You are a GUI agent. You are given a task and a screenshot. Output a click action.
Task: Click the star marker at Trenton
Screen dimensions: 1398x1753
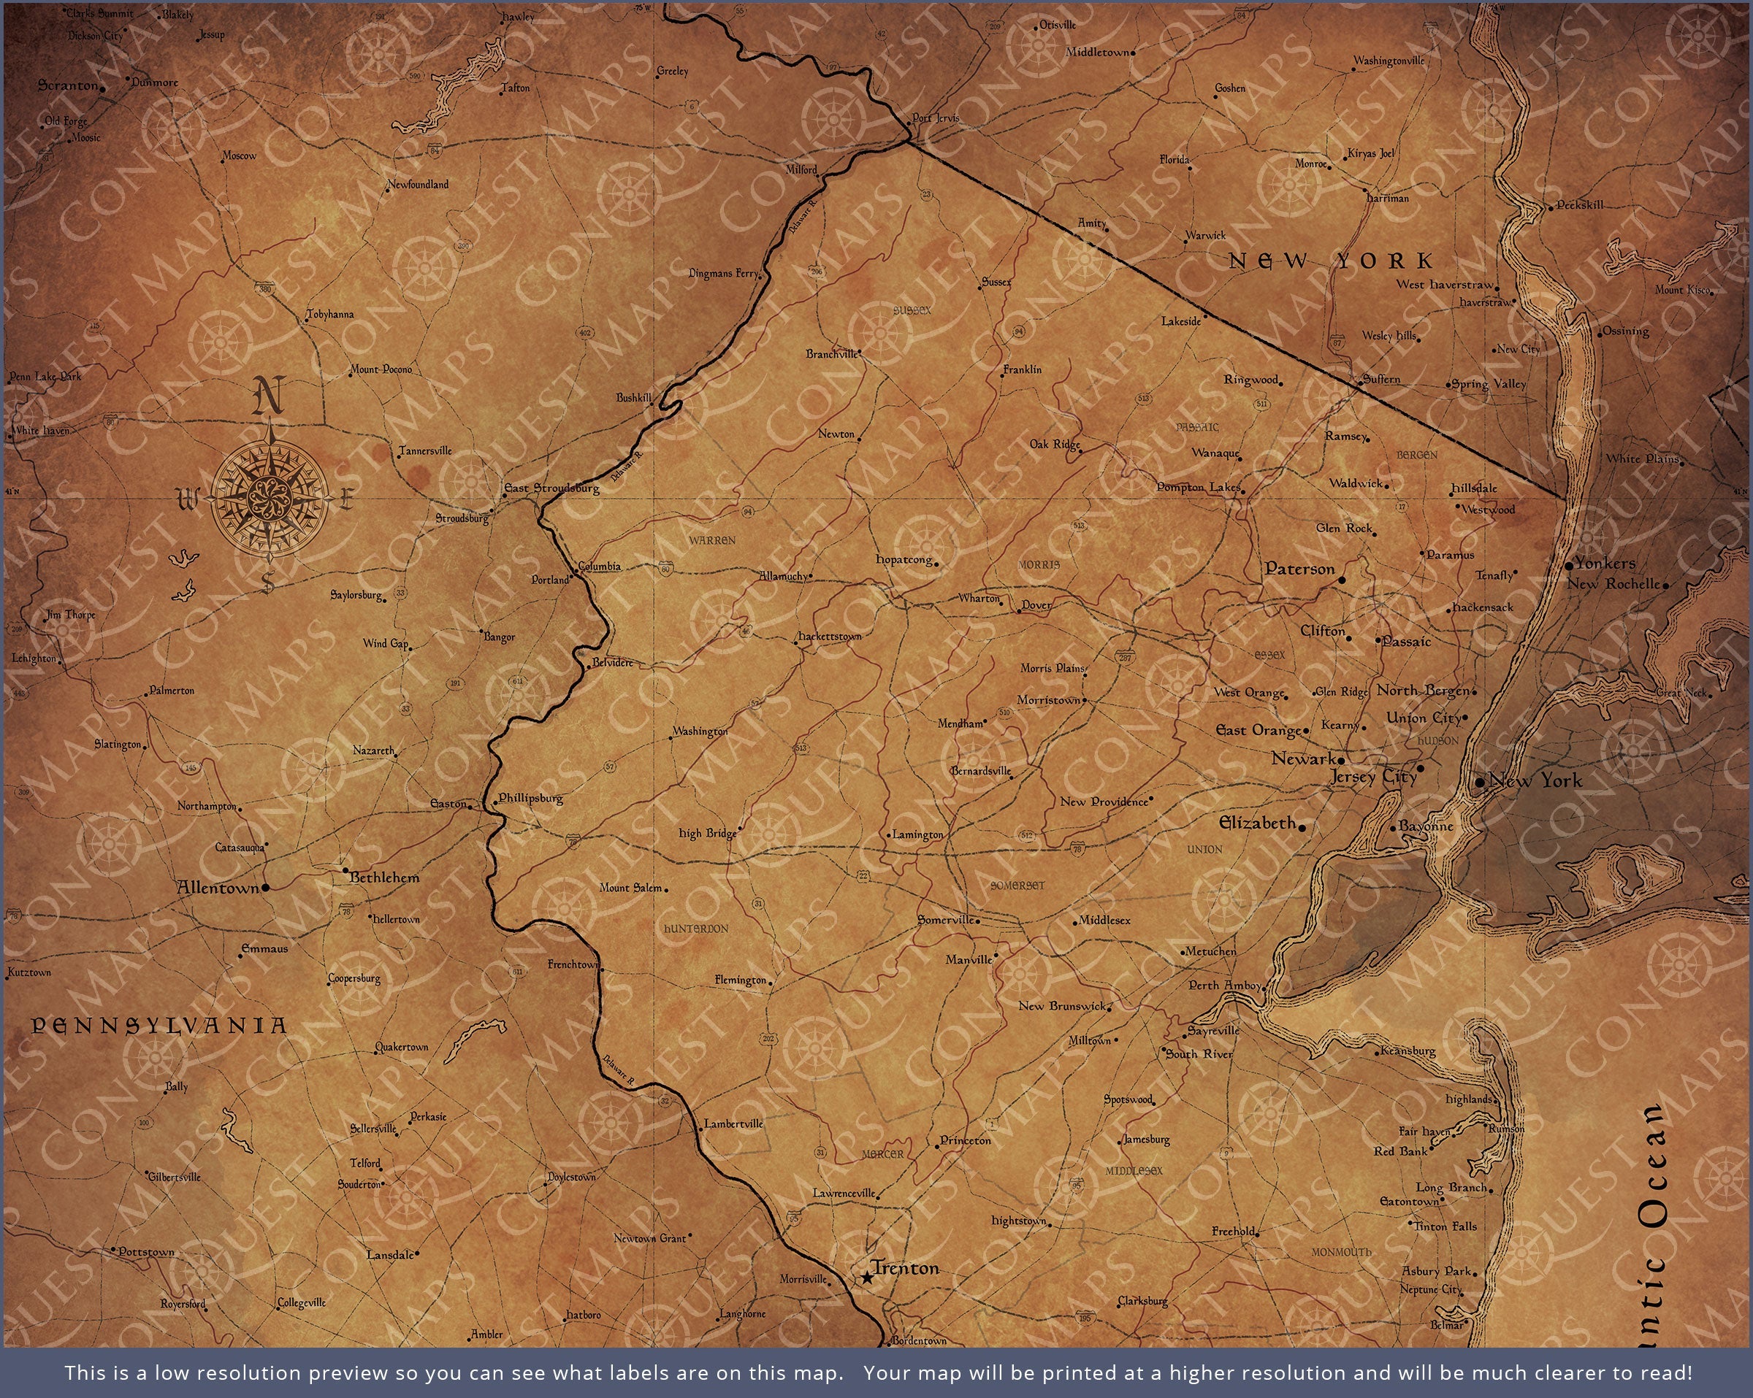click(x=868, y=1278)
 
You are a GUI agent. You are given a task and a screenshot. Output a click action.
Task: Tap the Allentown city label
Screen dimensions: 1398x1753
click(x=218, y=888)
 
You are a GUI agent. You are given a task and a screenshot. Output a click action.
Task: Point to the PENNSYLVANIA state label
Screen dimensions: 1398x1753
click(x=159, y=1026)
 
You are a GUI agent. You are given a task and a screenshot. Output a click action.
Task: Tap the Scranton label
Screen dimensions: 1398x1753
click(x=67, y=85)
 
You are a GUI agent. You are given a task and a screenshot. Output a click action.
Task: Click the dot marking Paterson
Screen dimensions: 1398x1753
click(x=1342, y=580)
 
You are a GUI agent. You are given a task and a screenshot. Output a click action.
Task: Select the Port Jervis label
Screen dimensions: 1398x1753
click(x=936, y=118)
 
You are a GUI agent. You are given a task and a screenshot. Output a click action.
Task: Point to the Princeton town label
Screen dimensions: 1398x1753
click(x=966, y=1140)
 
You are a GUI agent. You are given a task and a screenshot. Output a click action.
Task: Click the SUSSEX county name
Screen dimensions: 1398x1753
click(x=912, y=310)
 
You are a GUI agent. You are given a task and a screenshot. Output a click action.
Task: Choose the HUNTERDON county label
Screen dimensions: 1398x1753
click(x=696, y=928)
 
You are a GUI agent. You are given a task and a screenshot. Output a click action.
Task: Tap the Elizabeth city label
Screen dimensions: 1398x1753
click(x=1257, y=823)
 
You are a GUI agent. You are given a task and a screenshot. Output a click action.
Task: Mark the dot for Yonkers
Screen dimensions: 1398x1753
click(x=1569, y=566)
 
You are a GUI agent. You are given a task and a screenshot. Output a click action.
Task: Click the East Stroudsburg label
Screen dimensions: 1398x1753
click(x=552, y=488)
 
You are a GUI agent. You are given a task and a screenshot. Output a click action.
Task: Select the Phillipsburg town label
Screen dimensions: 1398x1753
click(x=530, y=798)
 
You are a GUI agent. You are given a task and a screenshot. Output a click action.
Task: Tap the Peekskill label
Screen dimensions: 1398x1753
click(x=1580, y=205)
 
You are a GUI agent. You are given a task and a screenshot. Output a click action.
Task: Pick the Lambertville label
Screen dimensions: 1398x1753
click(x=733, y=1124)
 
